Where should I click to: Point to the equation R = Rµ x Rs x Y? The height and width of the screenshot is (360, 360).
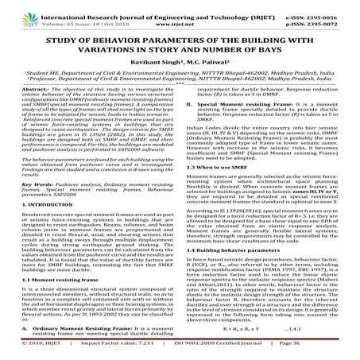[263, 327]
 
